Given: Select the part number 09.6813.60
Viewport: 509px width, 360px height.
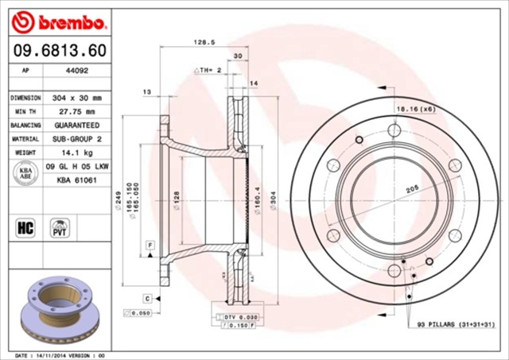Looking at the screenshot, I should [60, 51].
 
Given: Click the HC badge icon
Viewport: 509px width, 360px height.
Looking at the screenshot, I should [24, 228].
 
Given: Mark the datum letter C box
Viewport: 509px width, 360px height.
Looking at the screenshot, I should [147, 298].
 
